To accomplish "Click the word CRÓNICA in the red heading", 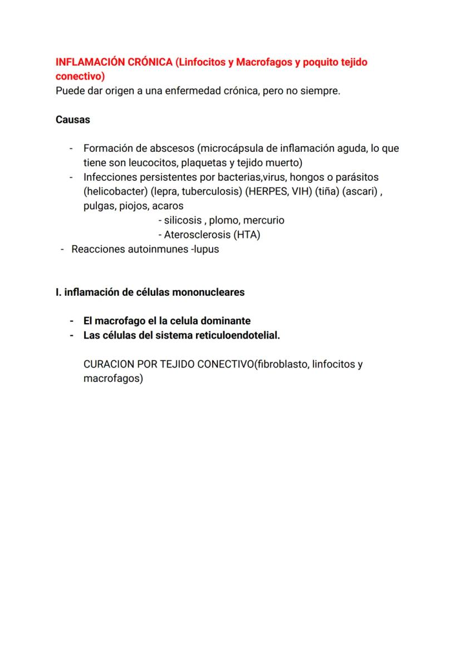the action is pyautogui.click(x=149, y=62).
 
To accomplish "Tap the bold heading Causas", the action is pyautogui.click(x=73, y=120).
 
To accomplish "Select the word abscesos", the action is pyautogui.click(x=174, y=148).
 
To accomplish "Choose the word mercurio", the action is pyautogui.click(x=262, y=220).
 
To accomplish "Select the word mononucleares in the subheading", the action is pyautogui.click(x=209, y=292).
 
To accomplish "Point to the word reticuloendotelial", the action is pyautogui.click(x=234, y=335).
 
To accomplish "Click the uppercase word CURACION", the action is pyautogui.click(x=109, y=365).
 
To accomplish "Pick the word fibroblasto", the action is pyautogui.click(x=281, y=365).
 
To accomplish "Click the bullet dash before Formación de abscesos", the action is pyautogui.click(x=71, y=148).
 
